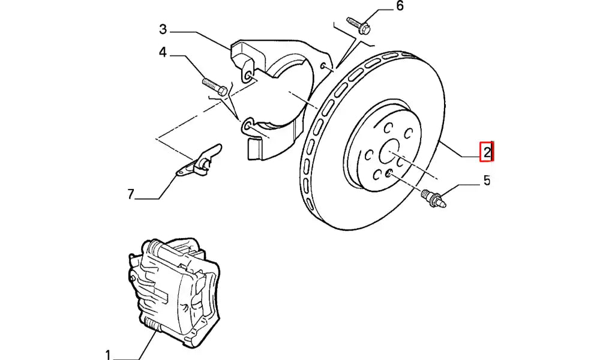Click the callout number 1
[x=108, y=353]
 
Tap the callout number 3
[x=163, y=29]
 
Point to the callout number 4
[x=163, y=53]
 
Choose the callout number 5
[x=487, y=179]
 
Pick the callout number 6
[x=400, y=7]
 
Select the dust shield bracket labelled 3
[x=276, y=90]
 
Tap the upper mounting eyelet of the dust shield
[x=246, y=77]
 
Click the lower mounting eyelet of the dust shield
[x=247, y=126]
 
